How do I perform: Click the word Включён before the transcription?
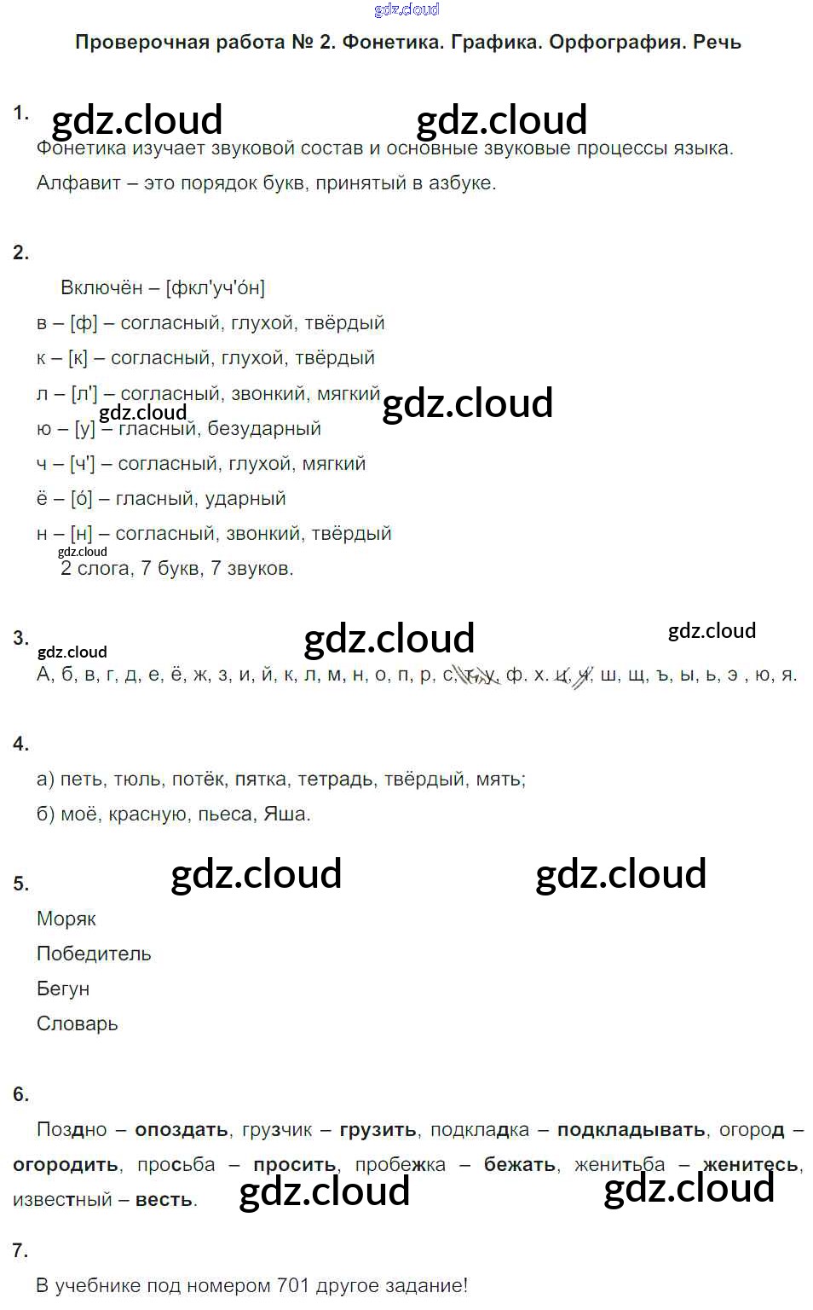click(101, 287)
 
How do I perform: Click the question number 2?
click(21, 252)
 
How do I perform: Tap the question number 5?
click(21, 884)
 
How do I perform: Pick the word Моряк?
click(66, 919)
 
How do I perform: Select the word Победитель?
click(94, 954)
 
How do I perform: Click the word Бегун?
click(63, 988)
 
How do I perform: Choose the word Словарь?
click(77, 1023)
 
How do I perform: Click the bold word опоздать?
click(181, 1129)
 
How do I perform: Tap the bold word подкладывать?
click(631, 1129)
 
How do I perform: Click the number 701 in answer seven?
click(293, 1285)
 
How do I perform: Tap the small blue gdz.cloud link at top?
click(406, 9)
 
